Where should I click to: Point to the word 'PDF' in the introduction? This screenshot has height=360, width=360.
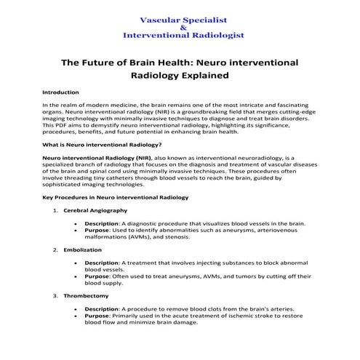pos(62,125)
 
